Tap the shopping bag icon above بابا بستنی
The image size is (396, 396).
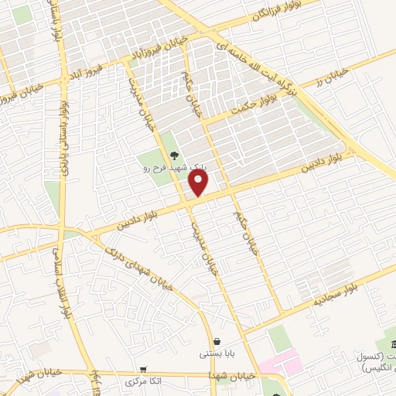coord(217,341)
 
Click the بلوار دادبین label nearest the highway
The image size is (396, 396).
coord(316,163)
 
